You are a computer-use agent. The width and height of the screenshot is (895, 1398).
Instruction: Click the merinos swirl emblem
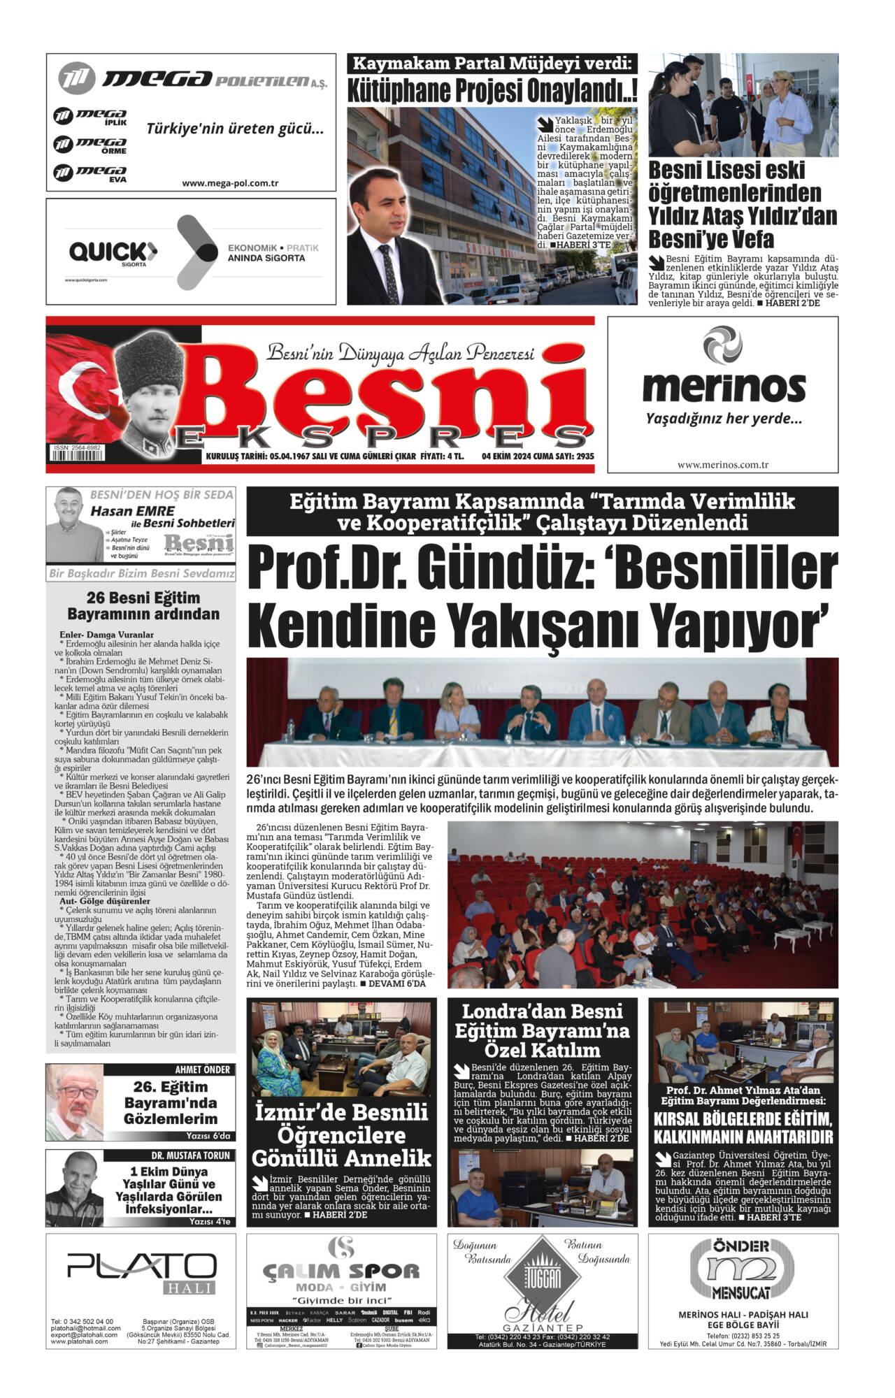pyautogui.click(x=722, y=345)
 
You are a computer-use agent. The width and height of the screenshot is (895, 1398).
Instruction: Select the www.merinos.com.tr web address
pyautogui.click(x=723, y=465)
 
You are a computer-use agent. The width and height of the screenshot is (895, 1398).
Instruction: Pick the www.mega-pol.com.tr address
pyautogui.click(x=230, y=183)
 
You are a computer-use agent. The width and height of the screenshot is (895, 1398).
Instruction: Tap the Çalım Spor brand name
pyautogui.click(x=341, y=1270)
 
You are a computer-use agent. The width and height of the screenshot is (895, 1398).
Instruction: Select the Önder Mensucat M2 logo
pyautogui.click(x=743, y=1269)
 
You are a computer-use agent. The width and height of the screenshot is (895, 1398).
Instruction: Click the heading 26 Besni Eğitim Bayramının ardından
pyautogui.click(x=143, y=605)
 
